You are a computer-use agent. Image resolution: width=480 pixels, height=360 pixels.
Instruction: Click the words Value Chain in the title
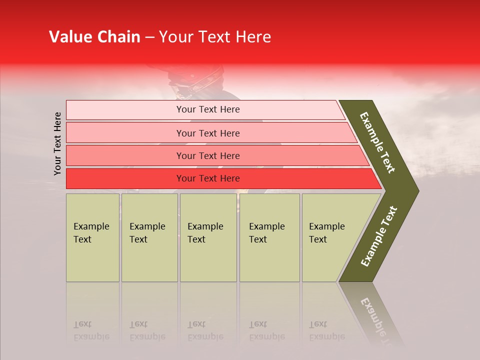click(x=94, y=37)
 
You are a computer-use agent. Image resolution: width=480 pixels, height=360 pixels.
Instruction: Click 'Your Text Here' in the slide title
click(x=215, y=37)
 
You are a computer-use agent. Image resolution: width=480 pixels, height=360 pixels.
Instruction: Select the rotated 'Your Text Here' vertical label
click(x=58, y=143)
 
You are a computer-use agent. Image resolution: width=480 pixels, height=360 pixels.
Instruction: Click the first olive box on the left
click(x=92, y=237)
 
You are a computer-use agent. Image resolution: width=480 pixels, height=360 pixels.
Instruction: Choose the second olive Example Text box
click(x=149, y=237)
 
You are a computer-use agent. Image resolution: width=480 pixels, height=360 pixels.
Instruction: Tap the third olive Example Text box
click(x=208, y=237)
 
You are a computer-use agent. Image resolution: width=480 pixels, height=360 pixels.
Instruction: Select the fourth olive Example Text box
click(x=269, y=237)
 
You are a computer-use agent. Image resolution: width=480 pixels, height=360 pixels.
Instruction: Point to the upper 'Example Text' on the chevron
click(x=378, y=142)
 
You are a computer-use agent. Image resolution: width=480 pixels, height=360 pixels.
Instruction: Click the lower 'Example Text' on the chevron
click(x=379, y=236)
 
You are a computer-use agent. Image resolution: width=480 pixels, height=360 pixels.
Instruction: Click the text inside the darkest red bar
click(x=208, y=178)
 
